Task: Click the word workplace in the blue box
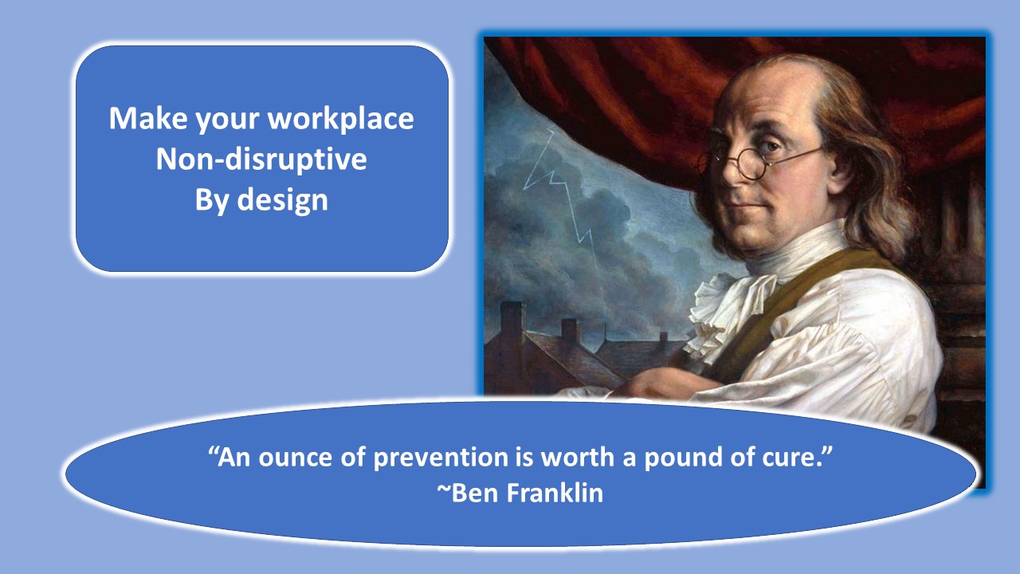340,119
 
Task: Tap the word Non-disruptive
261,159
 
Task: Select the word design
282,200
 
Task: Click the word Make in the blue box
148,119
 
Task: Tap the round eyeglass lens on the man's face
751,163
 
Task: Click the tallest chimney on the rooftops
512,319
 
